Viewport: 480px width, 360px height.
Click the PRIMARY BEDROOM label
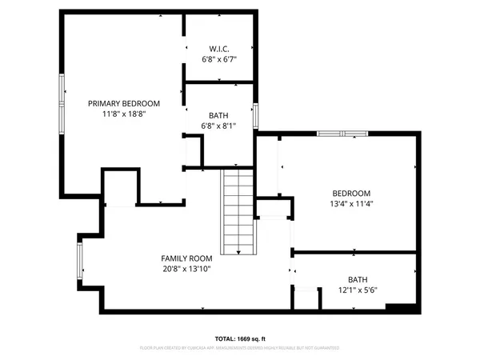click(x=124, y=103)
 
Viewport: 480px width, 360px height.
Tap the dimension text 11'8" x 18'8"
click(x=124, y=114)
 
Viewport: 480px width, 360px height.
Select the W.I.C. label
click(x=219, y=47)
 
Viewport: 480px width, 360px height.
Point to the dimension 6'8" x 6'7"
click(x=219, y=59)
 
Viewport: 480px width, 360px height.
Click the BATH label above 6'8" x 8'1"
click(x=219, y=115)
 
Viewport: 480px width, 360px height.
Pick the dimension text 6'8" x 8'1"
click(x=219, y=126)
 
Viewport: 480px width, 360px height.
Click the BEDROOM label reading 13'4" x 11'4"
click(x=352, y=193)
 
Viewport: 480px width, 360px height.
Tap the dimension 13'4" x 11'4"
click(x=352, y=204)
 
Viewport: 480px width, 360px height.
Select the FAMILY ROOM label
click(x=186, y=258)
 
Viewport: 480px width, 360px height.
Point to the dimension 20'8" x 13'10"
click(x=186, y=270)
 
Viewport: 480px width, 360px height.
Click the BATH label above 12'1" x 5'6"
click(x=358, y=279)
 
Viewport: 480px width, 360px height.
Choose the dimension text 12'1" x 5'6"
click(x=358, y=290)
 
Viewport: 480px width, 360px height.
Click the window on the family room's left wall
click(x=79, y=262)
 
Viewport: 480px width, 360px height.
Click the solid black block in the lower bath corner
click(x=400, y=307)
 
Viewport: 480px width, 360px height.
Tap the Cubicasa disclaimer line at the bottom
click(x=240, y=348)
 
